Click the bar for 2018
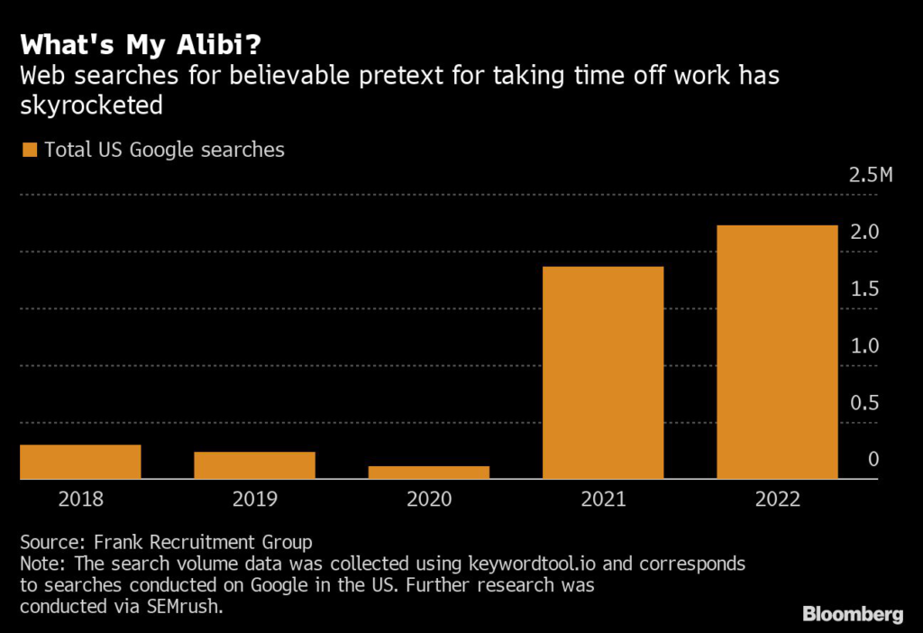[80, 462]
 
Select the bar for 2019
[254, 465]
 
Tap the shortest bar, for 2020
[428, 472]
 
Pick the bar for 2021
[603, 372]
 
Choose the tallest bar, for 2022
[777, 352]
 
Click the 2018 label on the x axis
[80, 500]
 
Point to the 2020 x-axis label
[428, 500]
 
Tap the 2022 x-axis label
[777, 500]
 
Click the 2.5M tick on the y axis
[870, 175]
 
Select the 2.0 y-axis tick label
[865, 233]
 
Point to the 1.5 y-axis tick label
[865, 289]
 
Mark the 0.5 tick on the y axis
[865, 403]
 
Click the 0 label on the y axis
[873, 460]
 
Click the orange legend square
[29, 151]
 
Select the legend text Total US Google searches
[165, 151]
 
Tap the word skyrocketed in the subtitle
[91, 105]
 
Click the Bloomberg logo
[852, 614]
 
